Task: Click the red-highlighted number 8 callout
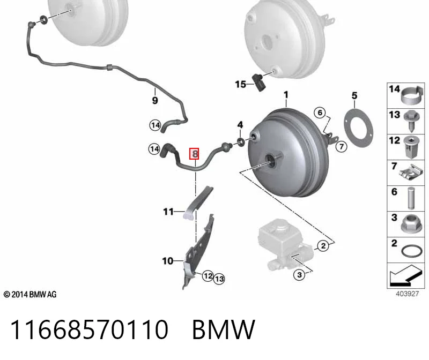[x=194, y=154]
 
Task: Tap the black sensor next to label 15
[x=258, y=82]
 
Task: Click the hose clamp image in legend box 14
[x=412, y=96]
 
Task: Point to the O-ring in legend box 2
[x=412, y=251]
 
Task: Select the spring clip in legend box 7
[x=411, y=174]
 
